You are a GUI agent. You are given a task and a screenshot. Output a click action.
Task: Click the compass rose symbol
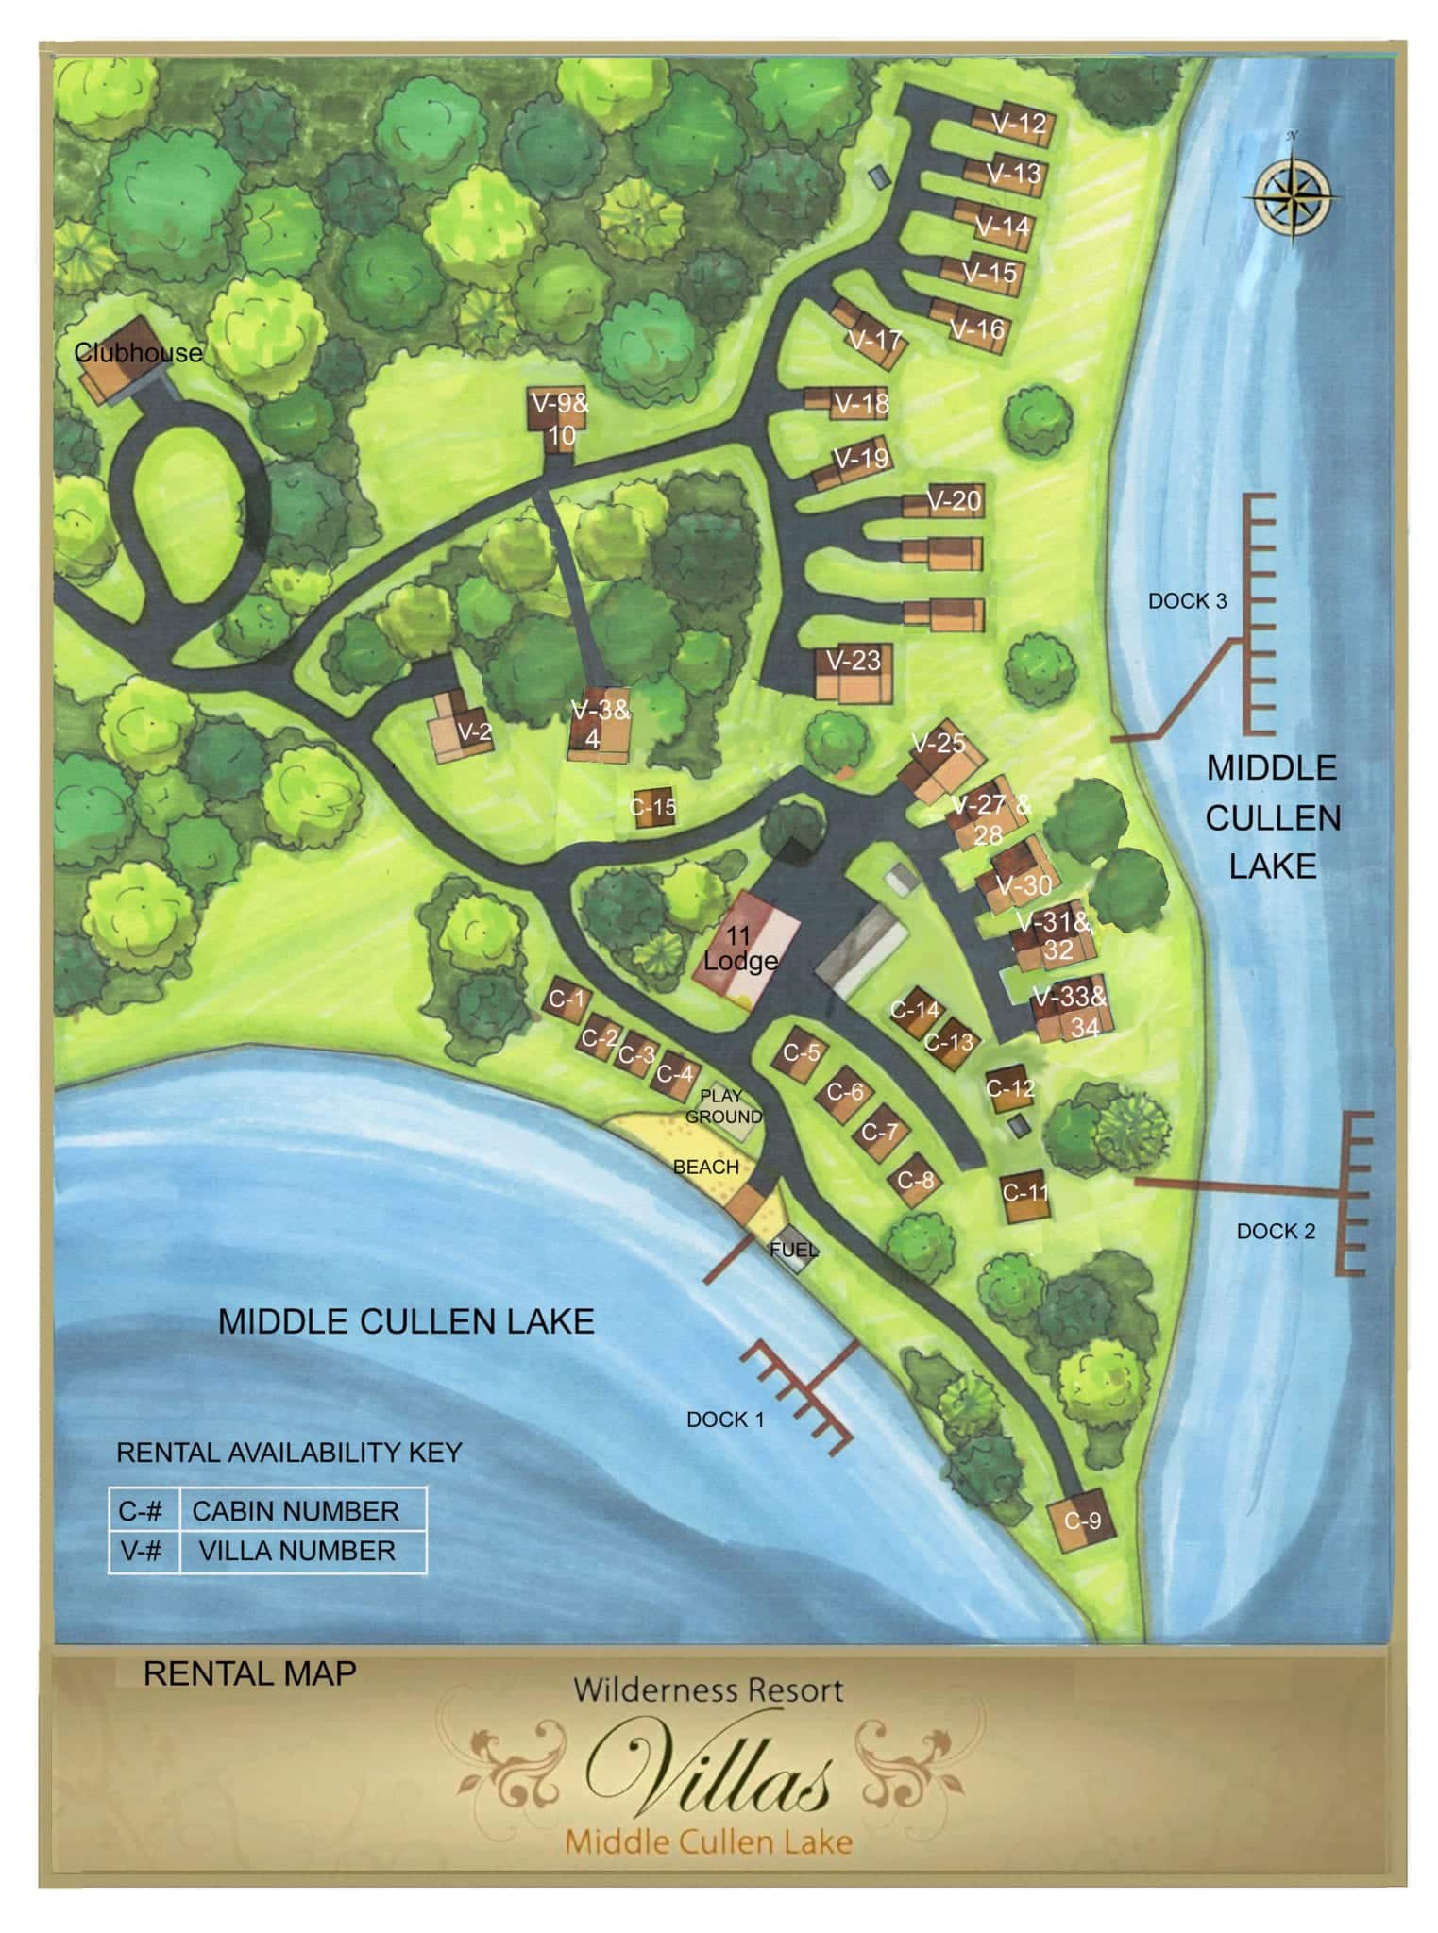tap(1293, 196)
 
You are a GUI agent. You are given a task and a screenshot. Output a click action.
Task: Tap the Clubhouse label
tap(139, 354)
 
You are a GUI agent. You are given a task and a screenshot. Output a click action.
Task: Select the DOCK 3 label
tap(1187, 601)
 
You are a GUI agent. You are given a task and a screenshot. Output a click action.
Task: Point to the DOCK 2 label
tap(1275, 1231)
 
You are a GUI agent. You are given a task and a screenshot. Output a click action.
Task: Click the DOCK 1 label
tap(725, 1419)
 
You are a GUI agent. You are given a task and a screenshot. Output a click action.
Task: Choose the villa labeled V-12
tap(1018, 124)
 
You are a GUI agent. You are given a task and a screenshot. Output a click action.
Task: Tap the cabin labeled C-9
tap(1081, 1520)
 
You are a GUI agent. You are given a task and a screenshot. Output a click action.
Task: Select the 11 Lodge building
tap(742, 950)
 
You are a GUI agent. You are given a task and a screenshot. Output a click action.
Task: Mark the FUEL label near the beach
tap(792, 1250)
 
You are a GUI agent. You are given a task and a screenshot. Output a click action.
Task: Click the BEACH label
tap(705, 1167)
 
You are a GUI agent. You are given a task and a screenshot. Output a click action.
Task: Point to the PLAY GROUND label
tap(722, 1106)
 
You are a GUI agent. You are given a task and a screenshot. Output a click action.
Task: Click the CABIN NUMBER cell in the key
tap(296, 1511)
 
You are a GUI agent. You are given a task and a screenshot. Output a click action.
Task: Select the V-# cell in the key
tap(141, 1551)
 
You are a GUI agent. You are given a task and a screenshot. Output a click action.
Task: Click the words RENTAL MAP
tap(249, 1672)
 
